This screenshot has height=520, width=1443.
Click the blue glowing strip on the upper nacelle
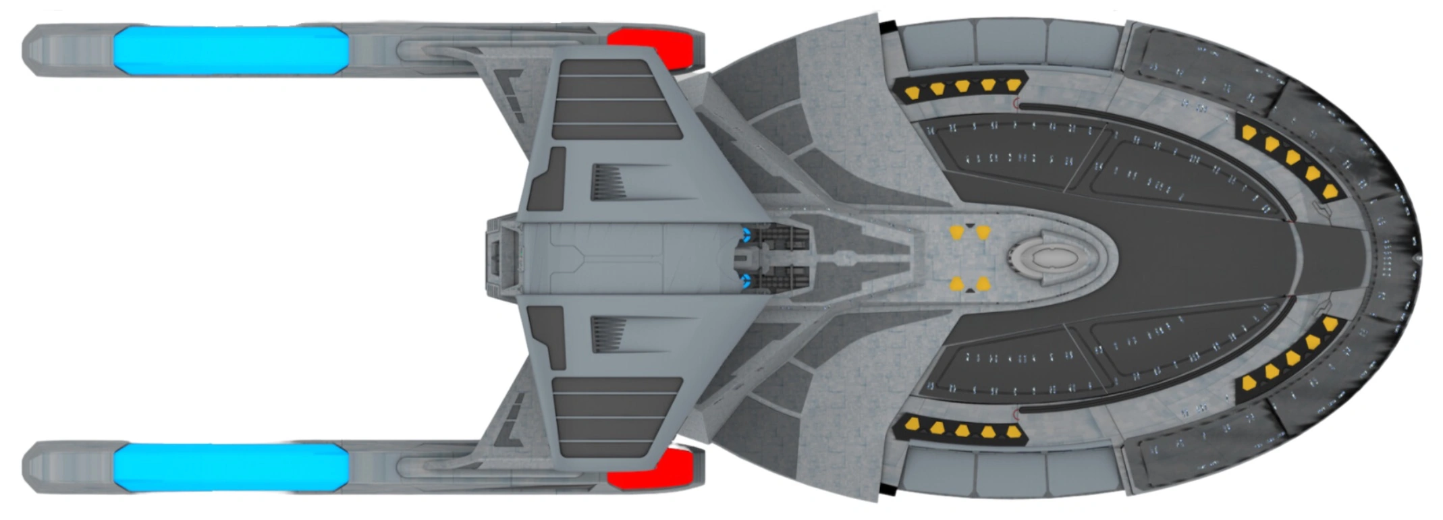click(x=229, y=50)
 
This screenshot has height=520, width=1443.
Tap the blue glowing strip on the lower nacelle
click(x=229, y=467)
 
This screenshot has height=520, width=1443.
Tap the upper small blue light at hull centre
click(x=746, y=235)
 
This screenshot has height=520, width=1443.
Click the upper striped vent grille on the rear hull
click(x=609, y=182)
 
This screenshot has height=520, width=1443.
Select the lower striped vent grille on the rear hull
click(x=609, y=335)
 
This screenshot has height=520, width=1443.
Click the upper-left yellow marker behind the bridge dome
click(x=956, y=233)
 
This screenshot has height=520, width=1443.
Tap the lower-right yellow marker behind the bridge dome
click(x=983, y=284)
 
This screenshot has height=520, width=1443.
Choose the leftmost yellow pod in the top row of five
click(x=912, y=93)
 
